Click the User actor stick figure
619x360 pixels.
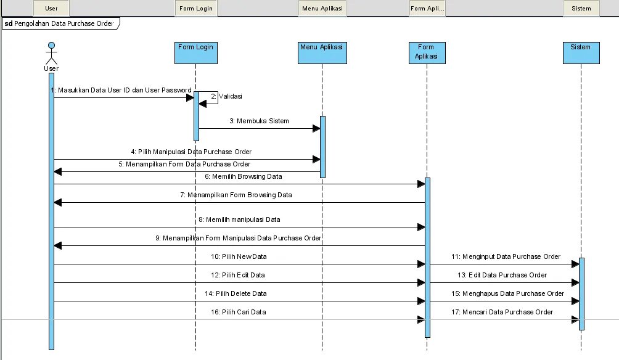[x=52, y=54]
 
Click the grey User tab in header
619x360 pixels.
[x=51, y=9]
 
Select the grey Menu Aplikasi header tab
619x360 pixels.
[x=322, y=9]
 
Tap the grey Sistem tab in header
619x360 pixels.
[x=581, y=9]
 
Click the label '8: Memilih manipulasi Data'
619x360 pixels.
[x=239, y=219]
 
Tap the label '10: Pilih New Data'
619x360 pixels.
[x=239, y=256]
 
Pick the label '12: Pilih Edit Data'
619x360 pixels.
[x=238, y=274]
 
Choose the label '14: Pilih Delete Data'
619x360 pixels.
[x=239, y=293]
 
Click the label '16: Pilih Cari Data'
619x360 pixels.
[x=239, y=312]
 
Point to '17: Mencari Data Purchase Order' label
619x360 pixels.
[x=503, y=312]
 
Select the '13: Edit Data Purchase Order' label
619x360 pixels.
[x=502, y=274]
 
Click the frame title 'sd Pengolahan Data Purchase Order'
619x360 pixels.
[x=60, y=23]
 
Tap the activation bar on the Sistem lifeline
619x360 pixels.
[x=581, y=293]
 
